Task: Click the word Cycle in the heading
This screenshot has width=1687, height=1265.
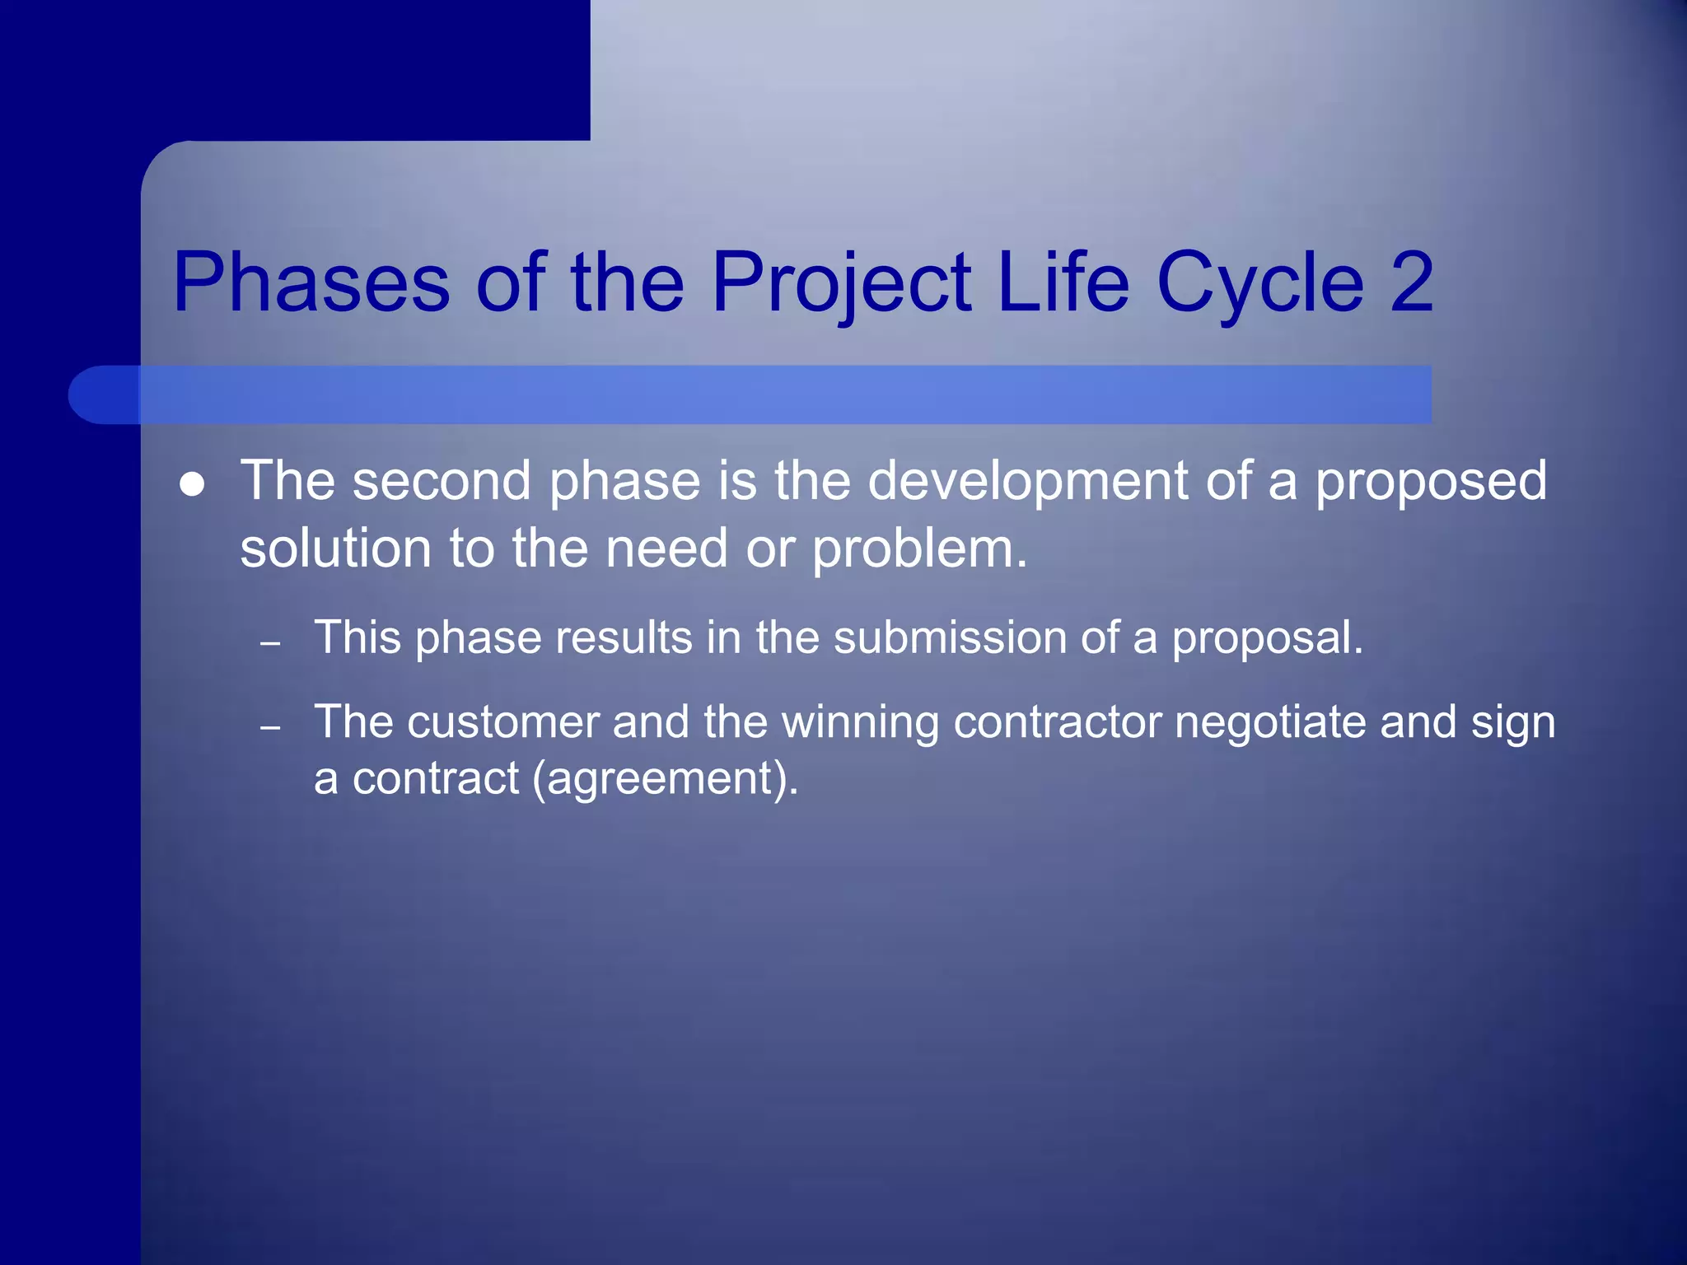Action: point(1259,284)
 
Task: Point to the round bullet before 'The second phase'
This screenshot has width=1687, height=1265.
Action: point(192,484)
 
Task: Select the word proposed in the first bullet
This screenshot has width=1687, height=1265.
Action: point(1431,483)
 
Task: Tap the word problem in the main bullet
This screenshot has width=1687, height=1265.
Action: point(919,549)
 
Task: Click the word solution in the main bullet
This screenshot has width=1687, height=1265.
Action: point(335,549)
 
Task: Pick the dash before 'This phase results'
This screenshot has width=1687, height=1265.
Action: point(270,643)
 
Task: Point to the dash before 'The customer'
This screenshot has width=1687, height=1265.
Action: point(270,727)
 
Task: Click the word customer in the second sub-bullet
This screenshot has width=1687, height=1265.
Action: point(502,722)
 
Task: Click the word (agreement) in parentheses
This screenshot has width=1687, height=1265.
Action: point(665,779)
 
